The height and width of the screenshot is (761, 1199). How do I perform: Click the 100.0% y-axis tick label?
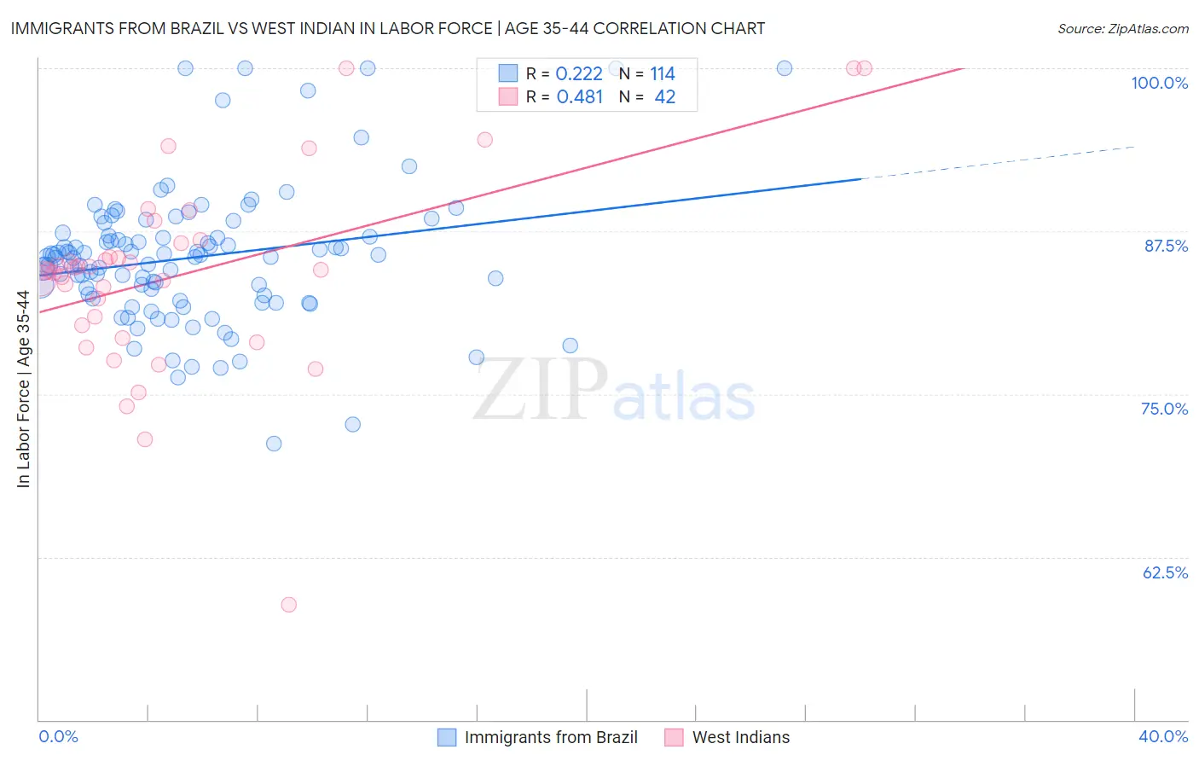click(x=1159, y=83)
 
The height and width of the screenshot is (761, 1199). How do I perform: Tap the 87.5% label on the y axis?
click(x=1165, y=246)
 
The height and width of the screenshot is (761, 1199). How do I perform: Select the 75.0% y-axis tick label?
click(x=1164, y=409)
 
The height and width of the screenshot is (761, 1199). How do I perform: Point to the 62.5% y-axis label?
click(x=1165, y=572)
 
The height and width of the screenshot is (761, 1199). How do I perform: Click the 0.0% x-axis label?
click(x=58, y=736)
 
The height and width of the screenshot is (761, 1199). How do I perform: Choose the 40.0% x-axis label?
click(x=1163, y=736)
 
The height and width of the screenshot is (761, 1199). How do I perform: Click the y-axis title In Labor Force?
click(x=23, y=389)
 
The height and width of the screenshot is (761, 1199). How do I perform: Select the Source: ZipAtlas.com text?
click(x=1122, y=28)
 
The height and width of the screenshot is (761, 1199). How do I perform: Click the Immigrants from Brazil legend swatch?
click(x=447, y=737)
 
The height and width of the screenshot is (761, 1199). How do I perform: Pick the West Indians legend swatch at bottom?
click(x=675, y=737)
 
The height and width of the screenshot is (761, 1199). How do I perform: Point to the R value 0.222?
click(x=579, y=74)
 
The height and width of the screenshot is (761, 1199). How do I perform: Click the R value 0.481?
click(x=579, y=97)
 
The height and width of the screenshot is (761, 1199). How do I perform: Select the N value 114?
click(x=663, y=74)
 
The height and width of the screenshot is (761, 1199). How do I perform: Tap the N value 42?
click(x=664, y=97)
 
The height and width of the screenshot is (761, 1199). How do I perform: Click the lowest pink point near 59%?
click(x=289, y=605)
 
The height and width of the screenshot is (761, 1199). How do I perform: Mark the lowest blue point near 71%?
click(x=274, y=444)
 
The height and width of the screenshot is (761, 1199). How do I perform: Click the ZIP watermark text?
click(x=541, y=389)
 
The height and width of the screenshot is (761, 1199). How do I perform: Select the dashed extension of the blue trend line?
click(x=998, y=163)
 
